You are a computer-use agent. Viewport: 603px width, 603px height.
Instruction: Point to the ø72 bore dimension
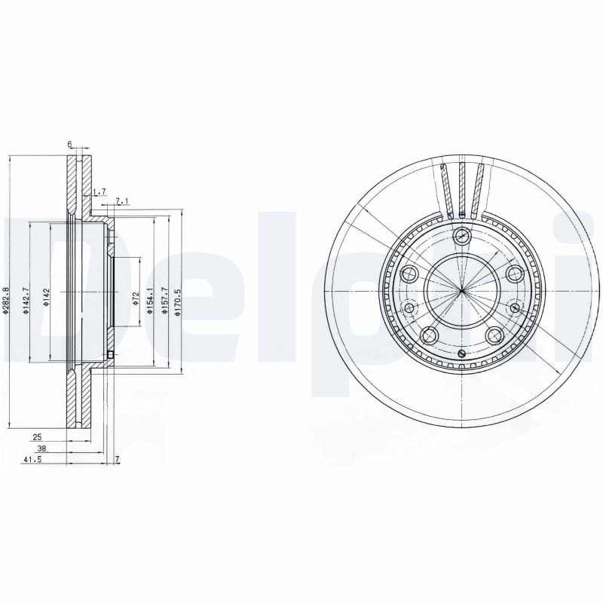[x=135, y=299]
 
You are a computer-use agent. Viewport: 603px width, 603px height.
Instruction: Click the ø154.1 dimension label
[x=152, y=299]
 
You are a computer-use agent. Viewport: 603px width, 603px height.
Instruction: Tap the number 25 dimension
[x=36, y=436]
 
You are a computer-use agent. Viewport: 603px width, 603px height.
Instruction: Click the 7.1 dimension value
[x=123, y=200]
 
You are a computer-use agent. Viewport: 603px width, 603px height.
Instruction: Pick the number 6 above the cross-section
[x=69, y=144]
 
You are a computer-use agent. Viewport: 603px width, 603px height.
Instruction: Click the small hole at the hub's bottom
[x=461, y=354]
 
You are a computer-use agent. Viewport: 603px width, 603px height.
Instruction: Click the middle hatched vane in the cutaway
[x=461, y=186]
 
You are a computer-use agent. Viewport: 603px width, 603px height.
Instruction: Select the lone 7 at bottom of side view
[x=117, y=459]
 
